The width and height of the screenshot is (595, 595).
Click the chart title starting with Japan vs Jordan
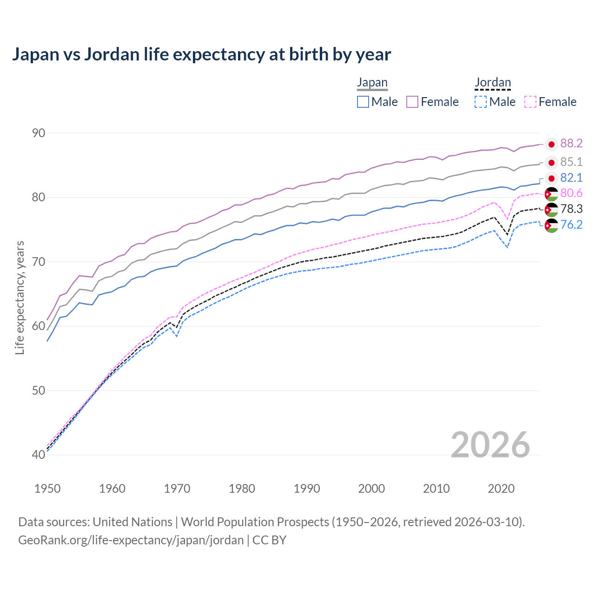tap(201, 54)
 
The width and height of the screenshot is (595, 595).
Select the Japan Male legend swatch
tap(363, 102)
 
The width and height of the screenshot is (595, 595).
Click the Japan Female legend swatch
tap(413, 102)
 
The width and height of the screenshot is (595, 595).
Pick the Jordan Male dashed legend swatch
tap(481, 102)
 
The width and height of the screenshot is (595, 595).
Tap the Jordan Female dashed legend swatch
tap(530, 102)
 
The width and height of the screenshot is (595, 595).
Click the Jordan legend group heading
tap(493, 83)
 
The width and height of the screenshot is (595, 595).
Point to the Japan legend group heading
tap(372, 83)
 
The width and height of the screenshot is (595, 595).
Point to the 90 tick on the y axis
tap(39, 133)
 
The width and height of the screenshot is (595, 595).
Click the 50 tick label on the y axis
tap(39, 390)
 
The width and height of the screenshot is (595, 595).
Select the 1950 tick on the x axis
tap(47, 489)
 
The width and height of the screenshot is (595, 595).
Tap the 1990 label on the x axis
tap(307, 489)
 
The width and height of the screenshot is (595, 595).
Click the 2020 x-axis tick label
tap(501, 489)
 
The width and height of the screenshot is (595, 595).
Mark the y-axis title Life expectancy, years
tap(20, 297)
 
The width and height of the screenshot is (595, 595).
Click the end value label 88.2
tap(571, 144)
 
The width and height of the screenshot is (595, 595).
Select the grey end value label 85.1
tap(571, 162)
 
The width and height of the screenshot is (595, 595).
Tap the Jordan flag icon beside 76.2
tap(551, 225)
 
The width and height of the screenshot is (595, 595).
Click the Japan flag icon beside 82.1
tap(551, 178)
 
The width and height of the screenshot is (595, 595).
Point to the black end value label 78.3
tap(571, 209)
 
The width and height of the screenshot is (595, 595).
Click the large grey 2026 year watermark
tap(490, 445)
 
